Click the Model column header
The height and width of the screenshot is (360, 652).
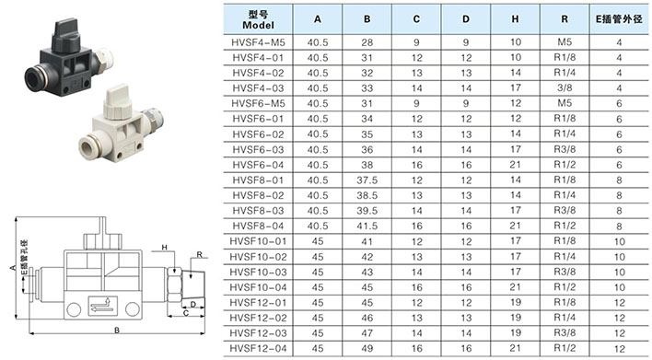[258, 19]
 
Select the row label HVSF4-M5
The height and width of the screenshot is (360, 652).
[258, 42]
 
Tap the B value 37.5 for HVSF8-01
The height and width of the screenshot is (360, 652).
[367, 180]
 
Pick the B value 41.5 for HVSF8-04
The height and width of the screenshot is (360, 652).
[367, 226]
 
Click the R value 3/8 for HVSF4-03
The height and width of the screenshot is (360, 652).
[565, 87]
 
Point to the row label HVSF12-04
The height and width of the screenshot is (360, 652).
[258, 348]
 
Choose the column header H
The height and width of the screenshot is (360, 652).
[515, 19]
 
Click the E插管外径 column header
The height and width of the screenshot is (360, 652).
[619, 19]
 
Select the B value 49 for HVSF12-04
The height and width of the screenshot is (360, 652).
[367, 348]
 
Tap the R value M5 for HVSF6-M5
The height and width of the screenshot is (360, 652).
[565, 103]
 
